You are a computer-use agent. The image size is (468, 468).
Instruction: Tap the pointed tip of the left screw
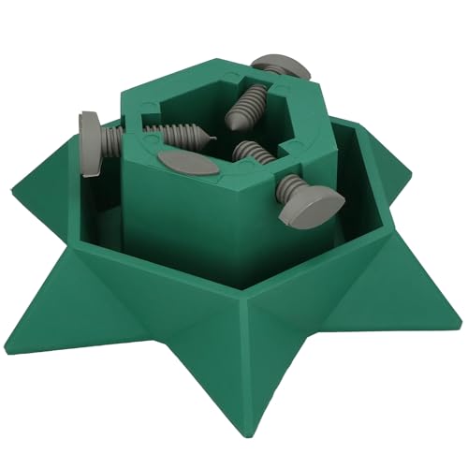(212, 140)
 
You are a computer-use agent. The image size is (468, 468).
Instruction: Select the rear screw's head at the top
(284, 66)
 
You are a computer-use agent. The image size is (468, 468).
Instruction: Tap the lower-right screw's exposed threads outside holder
(291, 184)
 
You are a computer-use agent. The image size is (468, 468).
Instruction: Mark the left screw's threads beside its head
(112, 140)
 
